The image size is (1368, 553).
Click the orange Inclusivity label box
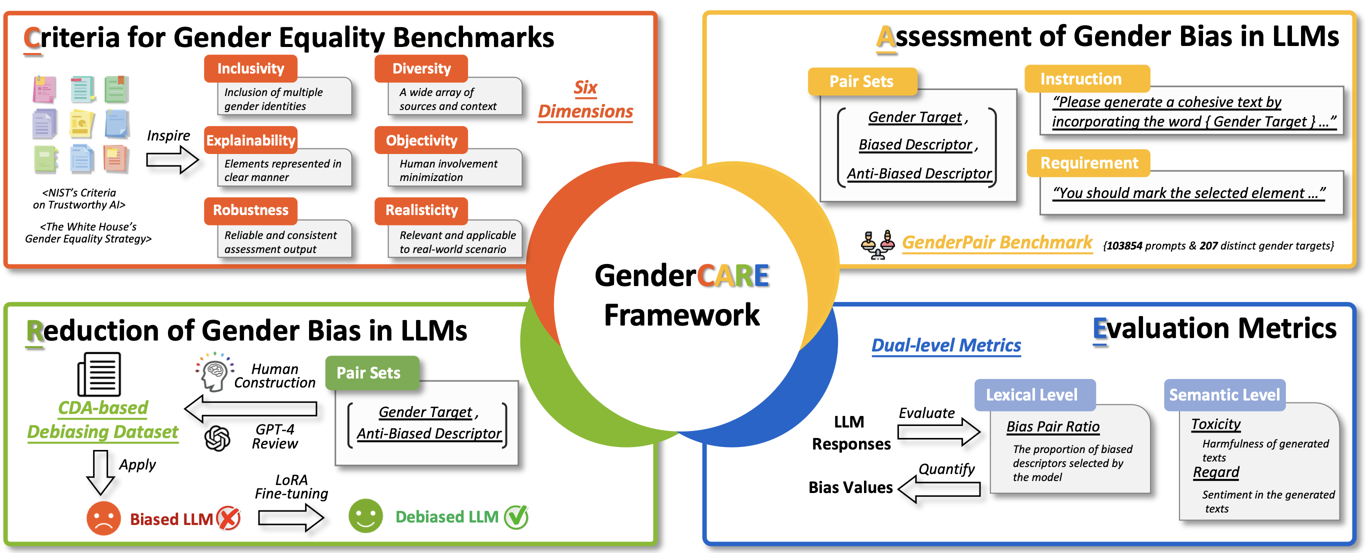click(x=250, y=68)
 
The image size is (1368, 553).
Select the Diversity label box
click(x=421, y=68)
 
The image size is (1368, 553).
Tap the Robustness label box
click(x=250, y=210)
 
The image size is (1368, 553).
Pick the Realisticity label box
click(x=421, y=210)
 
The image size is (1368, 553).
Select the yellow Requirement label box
click(x=1088, y=163)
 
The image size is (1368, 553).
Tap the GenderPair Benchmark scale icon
click(x=877, y=244)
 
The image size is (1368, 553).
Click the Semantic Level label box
click(x=1223, y=394)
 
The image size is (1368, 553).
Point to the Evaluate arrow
click(x=938, y=431)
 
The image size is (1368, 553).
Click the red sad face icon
click(x=103, y=518)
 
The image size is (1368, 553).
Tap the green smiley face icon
click(x=365, y=516)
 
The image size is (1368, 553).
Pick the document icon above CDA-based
click(x=99, y=374)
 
